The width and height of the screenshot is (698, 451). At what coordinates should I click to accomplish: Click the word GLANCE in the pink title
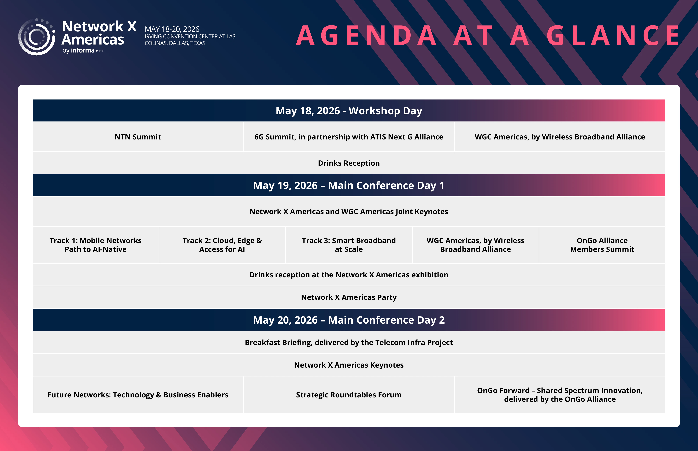613,36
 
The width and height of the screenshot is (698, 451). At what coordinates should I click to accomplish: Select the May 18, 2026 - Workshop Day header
349,111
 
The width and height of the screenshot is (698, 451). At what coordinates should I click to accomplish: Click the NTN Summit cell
138,137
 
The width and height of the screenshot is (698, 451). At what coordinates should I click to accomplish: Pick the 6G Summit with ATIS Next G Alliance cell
348,137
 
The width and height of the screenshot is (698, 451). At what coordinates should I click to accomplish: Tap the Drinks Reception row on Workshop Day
349,163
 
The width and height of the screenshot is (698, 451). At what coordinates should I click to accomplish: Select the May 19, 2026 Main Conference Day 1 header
349,185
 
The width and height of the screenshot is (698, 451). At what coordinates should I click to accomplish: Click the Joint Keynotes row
349,211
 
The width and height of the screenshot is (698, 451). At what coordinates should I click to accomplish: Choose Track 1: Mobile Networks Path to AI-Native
95,245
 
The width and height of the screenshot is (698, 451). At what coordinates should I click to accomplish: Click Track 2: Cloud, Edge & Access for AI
222,245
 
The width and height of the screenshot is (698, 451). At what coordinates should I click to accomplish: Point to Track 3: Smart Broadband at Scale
349,245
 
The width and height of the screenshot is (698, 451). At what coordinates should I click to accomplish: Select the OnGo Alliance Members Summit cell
602,245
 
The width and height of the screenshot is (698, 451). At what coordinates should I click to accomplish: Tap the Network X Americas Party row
349,297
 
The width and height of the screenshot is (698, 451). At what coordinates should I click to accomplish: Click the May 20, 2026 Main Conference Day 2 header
349,320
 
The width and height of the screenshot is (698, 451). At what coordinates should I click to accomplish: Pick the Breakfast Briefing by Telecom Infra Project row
349,342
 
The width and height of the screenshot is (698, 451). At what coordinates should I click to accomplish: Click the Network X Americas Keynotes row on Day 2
349,365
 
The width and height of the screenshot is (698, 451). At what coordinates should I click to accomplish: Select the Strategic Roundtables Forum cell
348,395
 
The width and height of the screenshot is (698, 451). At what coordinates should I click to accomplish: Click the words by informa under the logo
79,50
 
